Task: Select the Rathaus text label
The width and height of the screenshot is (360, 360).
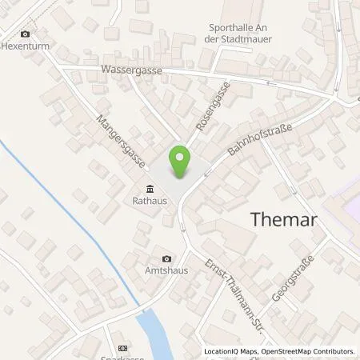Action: coord(150,202)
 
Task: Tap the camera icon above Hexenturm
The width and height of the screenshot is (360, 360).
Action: coord(26,34)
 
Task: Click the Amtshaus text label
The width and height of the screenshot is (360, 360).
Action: coord(166,271)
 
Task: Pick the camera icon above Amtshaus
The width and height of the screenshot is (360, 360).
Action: coord(166,258)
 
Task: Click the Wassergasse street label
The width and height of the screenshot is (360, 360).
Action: coord(132,70)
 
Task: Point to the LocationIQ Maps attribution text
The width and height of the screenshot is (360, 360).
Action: coord(227,351)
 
